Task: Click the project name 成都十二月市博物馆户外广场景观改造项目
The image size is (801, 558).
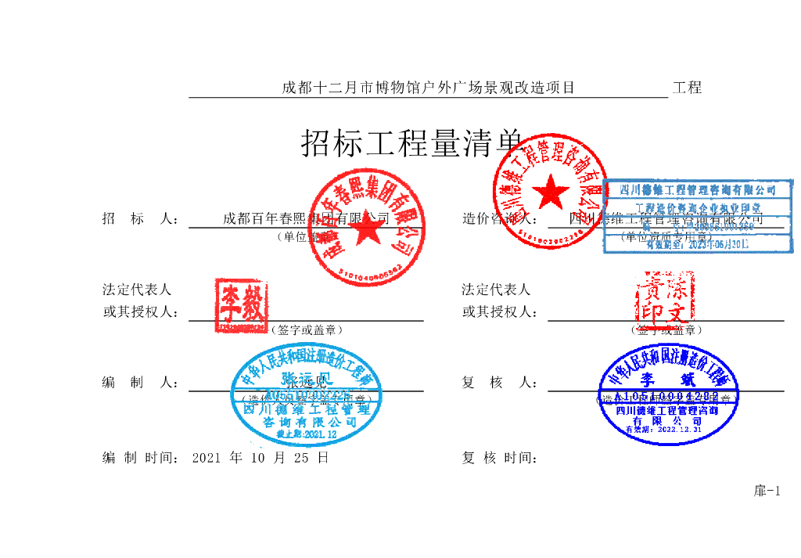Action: tap(428, 88)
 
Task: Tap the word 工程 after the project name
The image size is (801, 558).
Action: tap(687, 88)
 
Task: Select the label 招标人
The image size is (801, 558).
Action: tap(141, 218)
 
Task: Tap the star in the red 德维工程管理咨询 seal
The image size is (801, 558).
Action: tap(552, 191)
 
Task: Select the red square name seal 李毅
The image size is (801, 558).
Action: tap(241, 305)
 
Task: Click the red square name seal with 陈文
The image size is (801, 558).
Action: tap(663, 304)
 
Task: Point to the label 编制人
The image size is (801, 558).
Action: tap(141, 383)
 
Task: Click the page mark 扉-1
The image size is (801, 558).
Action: tap(767, 491)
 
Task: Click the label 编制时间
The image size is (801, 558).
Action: tap(141, 458)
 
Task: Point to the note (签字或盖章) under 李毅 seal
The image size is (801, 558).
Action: tap(306, 330)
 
